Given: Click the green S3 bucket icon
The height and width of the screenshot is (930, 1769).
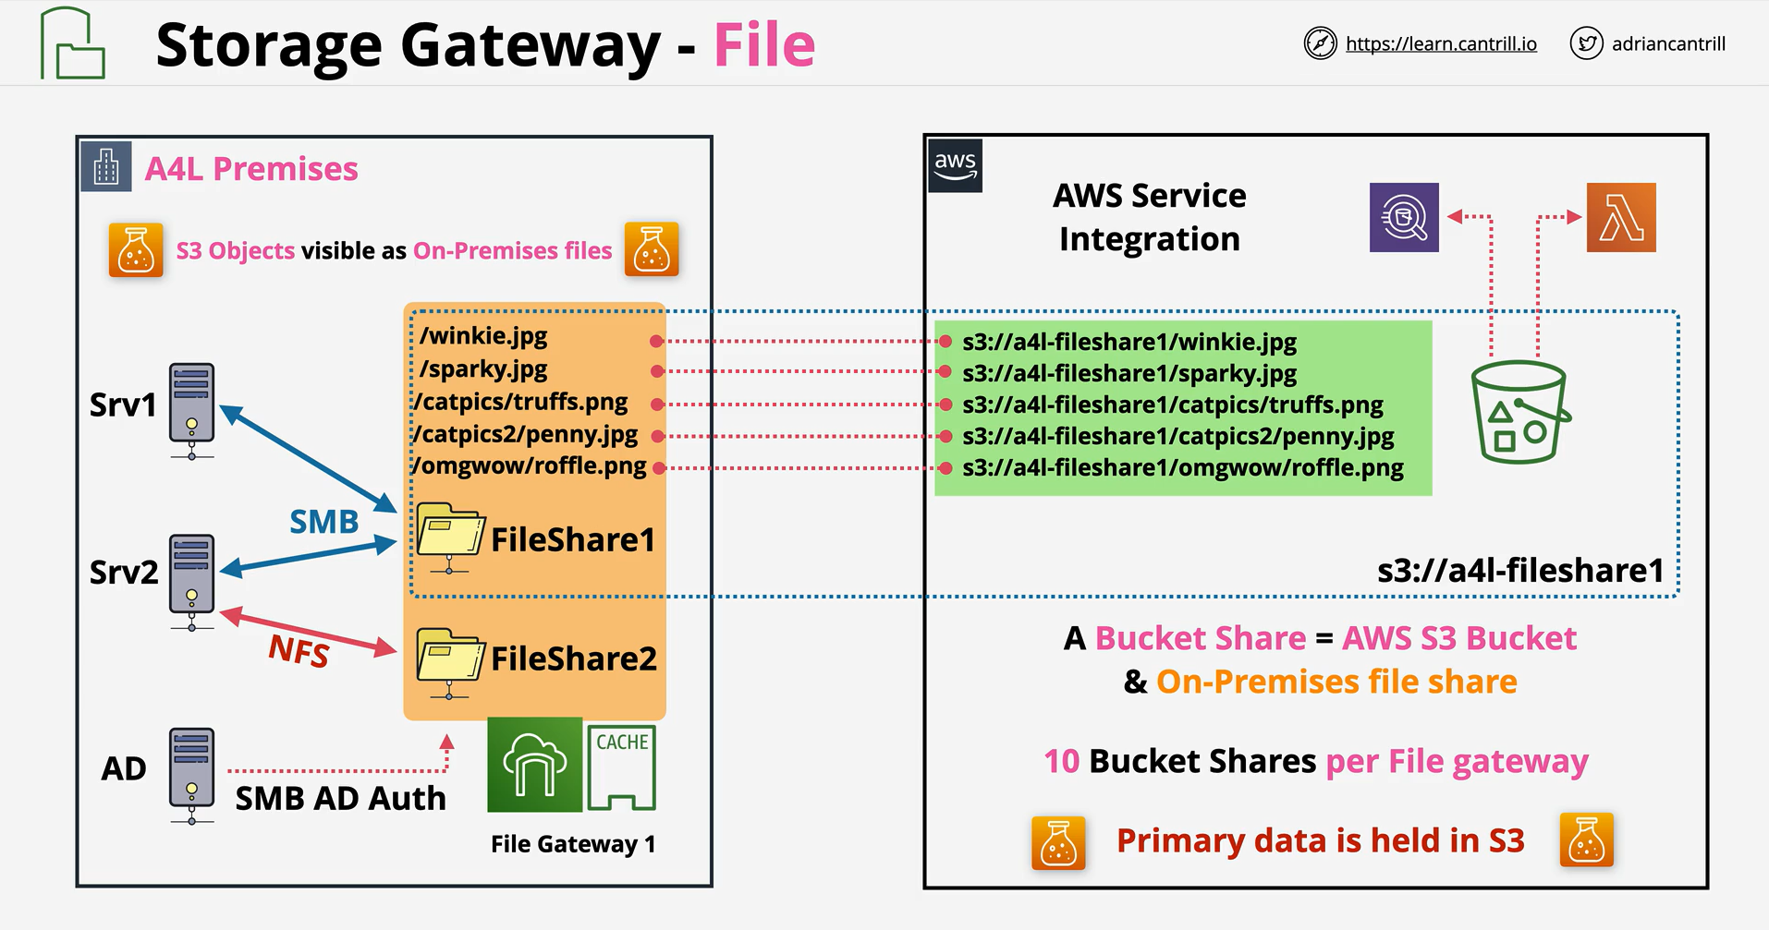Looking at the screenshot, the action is point(1520,412).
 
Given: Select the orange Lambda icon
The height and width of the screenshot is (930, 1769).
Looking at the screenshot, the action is point(1621,218).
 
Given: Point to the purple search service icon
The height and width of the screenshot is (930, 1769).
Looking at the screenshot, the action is point(1404,218).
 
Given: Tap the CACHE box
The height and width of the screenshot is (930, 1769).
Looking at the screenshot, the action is point(621,767).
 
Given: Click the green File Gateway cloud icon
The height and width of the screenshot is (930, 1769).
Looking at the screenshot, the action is point(535,765).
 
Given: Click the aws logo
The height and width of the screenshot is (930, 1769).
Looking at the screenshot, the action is point(955,165).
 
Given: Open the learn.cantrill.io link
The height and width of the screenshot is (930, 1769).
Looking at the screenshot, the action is point(1441,43).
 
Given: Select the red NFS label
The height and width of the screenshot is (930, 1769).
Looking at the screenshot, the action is point(299,650).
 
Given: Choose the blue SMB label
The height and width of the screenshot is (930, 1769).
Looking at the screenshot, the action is point(323,522).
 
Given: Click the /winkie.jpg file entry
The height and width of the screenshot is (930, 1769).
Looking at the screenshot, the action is point(483,336).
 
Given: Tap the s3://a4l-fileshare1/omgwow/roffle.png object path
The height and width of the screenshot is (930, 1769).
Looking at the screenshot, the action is point(1183,468).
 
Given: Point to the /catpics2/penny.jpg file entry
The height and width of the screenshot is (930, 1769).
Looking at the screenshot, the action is point(525,434).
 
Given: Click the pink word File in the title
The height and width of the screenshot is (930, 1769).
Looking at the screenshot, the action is point(764,44).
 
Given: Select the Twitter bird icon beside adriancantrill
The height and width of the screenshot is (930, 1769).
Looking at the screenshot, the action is point(1586,43).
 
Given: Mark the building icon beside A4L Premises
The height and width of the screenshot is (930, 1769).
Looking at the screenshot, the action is point(106,166).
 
